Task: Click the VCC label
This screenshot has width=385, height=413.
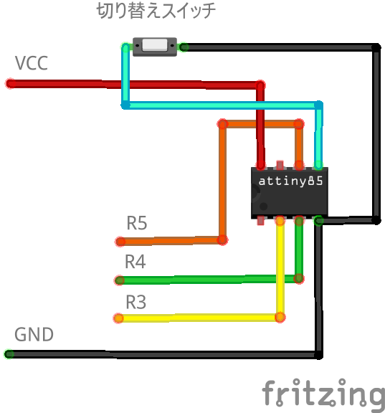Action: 32,63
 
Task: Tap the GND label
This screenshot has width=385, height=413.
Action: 34,335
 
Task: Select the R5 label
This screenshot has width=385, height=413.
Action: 137,223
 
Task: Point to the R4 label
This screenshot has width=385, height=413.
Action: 135,262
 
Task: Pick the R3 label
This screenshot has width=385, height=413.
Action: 136,302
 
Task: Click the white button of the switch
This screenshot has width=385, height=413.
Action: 155,45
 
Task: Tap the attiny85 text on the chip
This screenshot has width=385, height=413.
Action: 290,181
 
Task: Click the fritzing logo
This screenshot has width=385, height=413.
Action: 323,394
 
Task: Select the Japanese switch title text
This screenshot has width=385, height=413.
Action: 156,11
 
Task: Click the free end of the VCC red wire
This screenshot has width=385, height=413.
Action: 11,83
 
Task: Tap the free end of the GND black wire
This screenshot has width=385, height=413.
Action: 9,354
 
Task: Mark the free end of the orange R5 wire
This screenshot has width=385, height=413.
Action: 120,242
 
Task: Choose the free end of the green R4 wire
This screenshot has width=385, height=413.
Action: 119,280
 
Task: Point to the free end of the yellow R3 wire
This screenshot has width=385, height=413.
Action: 118,318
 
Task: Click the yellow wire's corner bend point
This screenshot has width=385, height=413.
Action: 280,318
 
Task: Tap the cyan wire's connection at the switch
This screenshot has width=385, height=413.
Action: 126,47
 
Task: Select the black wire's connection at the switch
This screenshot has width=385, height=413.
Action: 184,47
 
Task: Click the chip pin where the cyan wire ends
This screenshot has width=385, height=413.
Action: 318,166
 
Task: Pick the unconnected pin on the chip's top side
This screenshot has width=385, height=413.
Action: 280,165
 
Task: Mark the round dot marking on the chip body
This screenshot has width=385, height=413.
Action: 264,206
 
